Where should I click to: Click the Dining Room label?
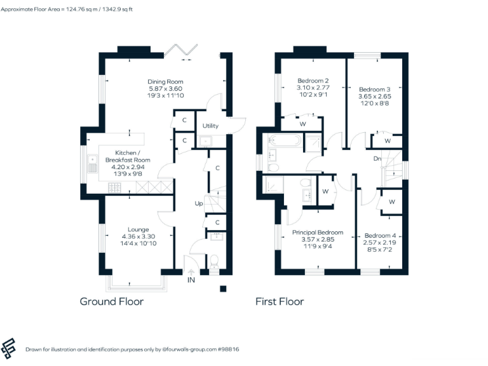pyautogui.click(x=165, y=81)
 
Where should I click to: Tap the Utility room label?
pyautogui.click(x=210, y=126)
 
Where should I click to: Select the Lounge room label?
pyautogui.click(x=138, y=229)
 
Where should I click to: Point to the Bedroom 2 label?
pyautogui.click(x=313, y=81)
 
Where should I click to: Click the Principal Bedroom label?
pyautogui.click(x=318, y=233)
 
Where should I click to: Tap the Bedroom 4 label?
pyautogui.click(x=380, y=235)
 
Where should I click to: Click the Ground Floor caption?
pyautogui.click(x=111, y=301)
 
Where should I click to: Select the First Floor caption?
pyautogui.click(x=280, y=301)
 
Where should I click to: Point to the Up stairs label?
pyautogui.click(x=199, y=203)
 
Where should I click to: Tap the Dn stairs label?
pyautogui.click(x=377, y=158)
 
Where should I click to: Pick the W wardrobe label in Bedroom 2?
pyautogui.click(x=303, y=123)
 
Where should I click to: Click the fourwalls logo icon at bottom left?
pyautogui.click(x=10, y=348)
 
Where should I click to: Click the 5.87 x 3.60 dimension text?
pyautogui.click(x=165, y=88)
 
